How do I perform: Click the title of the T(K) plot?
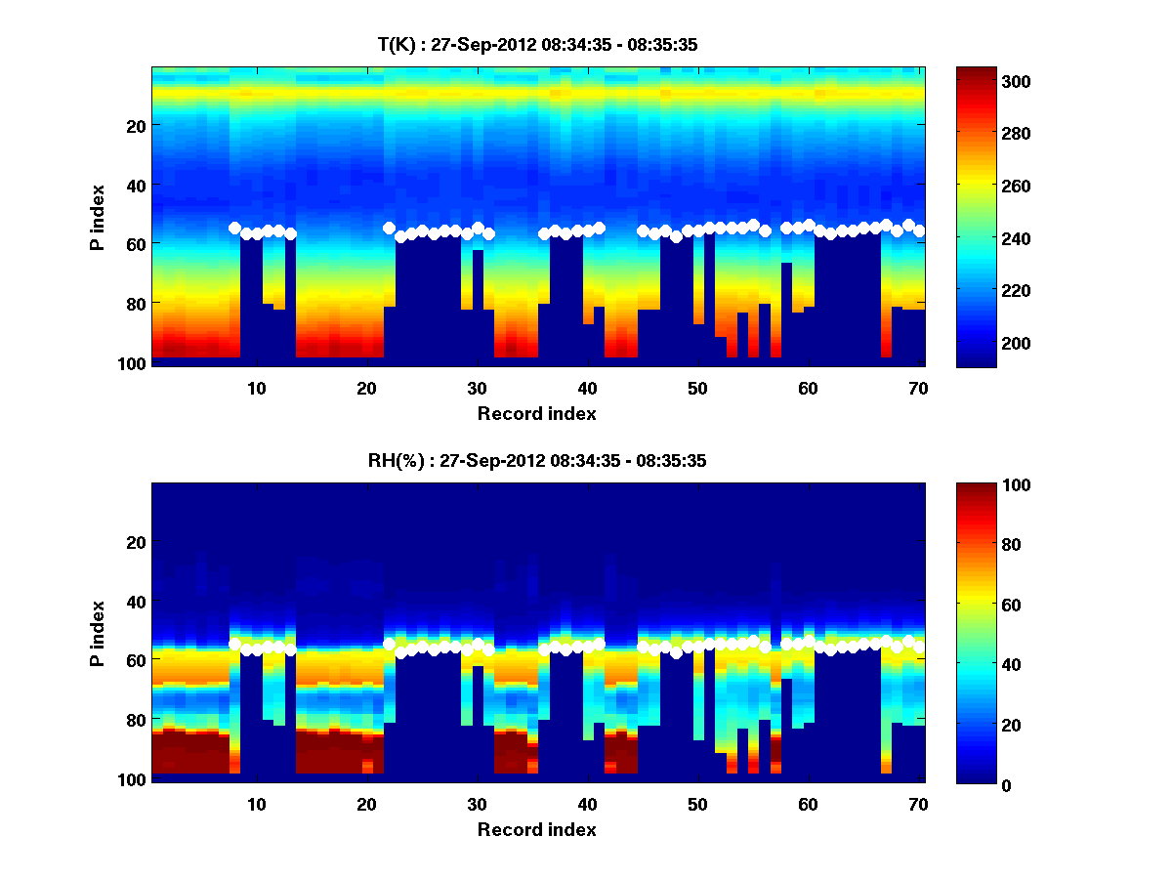click(537, 44)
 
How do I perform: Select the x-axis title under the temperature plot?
click(537, 413)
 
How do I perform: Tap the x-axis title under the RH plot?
click(537, 829)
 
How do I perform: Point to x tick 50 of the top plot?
click(697, 388)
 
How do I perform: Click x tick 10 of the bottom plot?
click(256, 804)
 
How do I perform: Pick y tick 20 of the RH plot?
click(137, 541)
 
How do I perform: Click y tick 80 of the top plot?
click(137, 303)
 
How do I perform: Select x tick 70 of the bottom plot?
click(918, 804)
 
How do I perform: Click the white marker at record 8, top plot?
click(234, 228)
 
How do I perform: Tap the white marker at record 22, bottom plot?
click(389, 644)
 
